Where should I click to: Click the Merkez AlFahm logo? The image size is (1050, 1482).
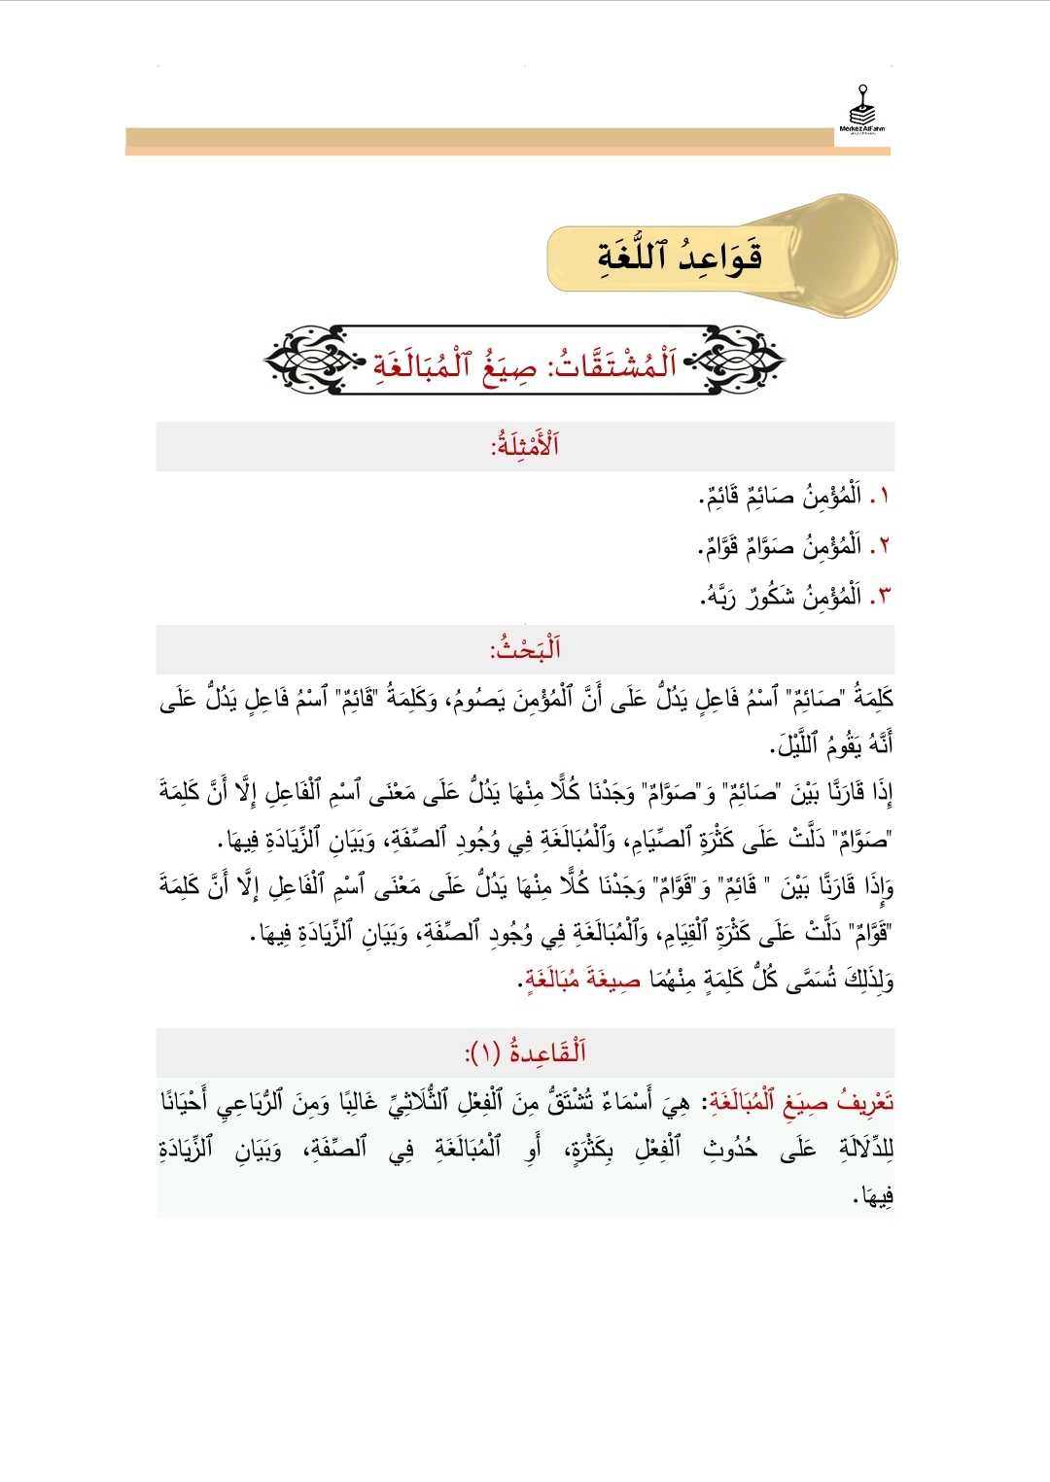(862, 112)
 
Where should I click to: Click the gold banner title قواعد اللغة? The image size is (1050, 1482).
(680, 257)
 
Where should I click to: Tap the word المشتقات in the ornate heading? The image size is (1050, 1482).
(613, 364)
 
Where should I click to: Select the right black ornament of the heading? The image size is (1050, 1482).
(741, 361)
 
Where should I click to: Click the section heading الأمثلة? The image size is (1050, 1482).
(525, 446)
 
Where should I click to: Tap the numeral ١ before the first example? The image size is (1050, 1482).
(883, 498)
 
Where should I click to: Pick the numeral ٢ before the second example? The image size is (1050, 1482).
(883, 546)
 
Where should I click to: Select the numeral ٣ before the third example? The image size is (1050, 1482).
(883, 597)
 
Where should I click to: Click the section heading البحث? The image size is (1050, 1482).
(526, 648)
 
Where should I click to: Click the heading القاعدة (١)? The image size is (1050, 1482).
(525, 1051)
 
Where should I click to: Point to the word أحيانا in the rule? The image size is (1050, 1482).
(191, 1102)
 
